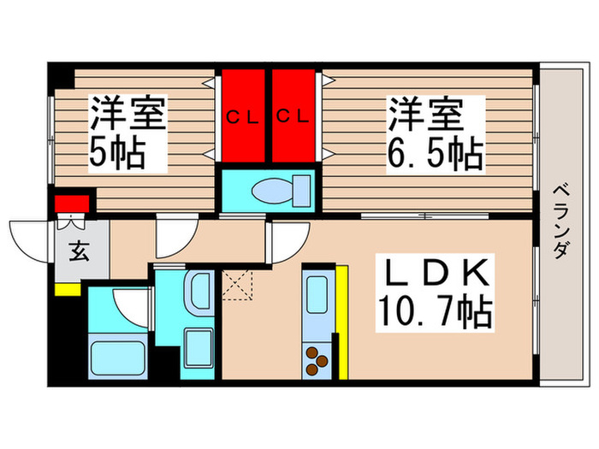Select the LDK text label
coord(436,276)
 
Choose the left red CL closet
coord(243,116)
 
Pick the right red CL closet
coord(294,116)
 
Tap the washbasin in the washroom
coord(200,292)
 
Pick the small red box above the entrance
coord(72,204)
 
